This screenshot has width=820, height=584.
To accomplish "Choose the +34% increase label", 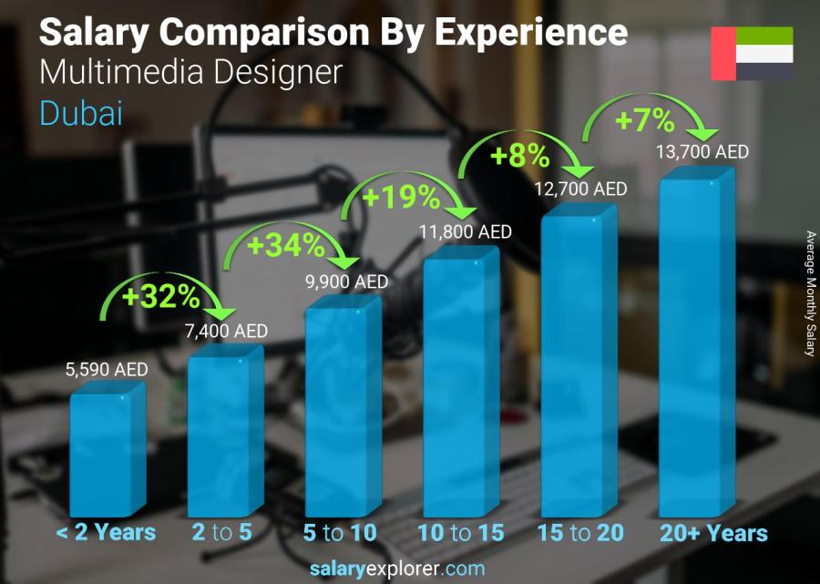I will click(x=284, y=245).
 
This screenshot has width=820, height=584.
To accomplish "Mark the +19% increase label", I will click(x=402, y=197).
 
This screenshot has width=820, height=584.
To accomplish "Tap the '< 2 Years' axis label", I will click(x=106, y=533).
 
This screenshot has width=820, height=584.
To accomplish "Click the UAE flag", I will click(x=752, y=54).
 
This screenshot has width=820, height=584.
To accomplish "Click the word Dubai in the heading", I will click(x=81, y=113).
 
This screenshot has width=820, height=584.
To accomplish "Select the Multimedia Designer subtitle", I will click(x=191, y=73).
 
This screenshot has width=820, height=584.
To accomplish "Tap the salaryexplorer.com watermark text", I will click(x=408, y=569).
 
